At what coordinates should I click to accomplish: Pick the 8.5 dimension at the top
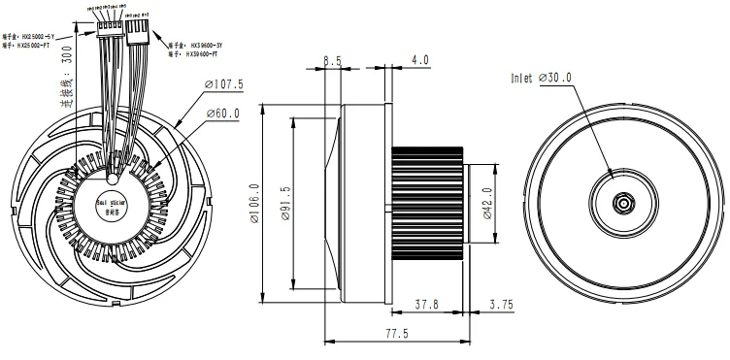pyautogui.click(x=331, y=60)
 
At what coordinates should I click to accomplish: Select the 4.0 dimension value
pyautogui.click(x=419, y=60)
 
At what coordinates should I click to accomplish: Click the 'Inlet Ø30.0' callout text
pyautogui.click(x=541, y=78)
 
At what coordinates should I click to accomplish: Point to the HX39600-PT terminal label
pyautogui.click(x=199, y=55)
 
